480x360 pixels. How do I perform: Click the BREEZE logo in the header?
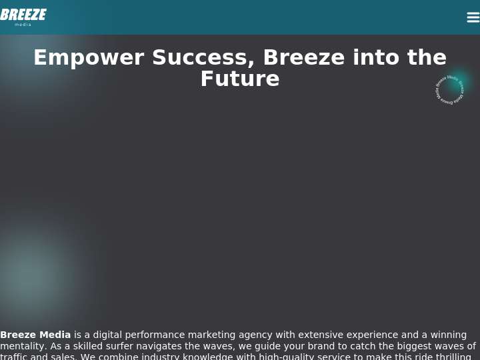(x=23, y=15)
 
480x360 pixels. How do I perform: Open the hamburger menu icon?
(x=473, y=17)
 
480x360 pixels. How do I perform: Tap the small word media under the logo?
(x=23, y=25)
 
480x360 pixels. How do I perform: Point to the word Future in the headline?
(x=240, y=79)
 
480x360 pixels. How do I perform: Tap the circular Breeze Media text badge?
(x=449, y=90)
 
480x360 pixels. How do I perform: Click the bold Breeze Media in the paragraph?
(x=35, y=335)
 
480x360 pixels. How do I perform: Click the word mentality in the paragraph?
(x=21, y=347)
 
